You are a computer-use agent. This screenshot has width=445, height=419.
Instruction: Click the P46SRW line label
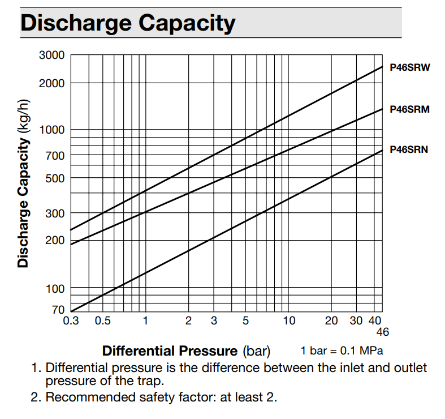[410, 68]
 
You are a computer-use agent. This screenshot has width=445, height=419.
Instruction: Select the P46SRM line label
[410, 109]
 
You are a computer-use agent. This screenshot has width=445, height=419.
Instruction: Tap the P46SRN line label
[409, 150]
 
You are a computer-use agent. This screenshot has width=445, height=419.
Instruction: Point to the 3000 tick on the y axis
[52, 55]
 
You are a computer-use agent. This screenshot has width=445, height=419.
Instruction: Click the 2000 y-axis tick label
[52, 83]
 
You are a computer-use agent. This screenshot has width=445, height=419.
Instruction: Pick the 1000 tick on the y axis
[52, 130]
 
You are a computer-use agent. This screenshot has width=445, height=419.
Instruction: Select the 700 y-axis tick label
[55, 155]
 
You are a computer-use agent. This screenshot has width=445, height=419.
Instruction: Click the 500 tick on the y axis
[55, 178]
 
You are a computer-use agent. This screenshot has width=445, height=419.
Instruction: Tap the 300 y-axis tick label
[55, 213]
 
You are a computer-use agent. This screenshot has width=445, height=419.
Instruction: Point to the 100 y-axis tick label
[55, 289]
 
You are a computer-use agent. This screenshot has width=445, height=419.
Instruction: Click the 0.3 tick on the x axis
[72, 321]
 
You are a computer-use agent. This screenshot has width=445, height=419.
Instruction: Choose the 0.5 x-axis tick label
[102, 321]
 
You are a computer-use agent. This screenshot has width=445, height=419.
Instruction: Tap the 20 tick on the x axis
[332, 321]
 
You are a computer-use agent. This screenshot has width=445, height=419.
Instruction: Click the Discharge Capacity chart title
[128, 23]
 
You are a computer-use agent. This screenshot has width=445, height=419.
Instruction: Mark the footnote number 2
[35, 397]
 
